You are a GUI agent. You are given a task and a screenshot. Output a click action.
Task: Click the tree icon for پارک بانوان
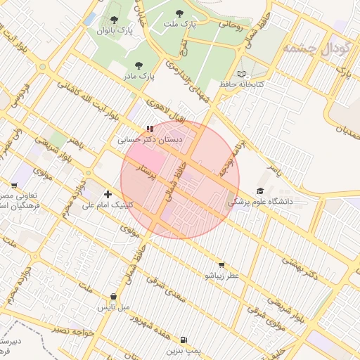pyautogui.click(x=115, y=20)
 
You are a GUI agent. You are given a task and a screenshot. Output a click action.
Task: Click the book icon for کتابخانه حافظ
pyautogui.click(x=242, y=74)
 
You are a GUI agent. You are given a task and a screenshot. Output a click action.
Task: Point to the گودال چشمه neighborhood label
pyautogui.click(x=310, y=49)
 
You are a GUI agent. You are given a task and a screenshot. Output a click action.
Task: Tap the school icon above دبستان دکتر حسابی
pyautogui.click(x=149, y=129)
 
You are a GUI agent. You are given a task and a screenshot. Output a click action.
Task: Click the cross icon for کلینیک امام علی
pyautogui.click(x=108, y=194)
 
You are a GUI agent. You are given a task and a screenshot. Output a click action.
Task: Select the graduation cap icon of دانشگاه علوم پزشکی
pyautogui.click(x=260, y=191)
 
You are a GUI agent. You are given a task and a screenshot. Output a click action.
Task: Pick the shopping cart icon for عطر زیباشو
pyautogui.click(x=221, y=265)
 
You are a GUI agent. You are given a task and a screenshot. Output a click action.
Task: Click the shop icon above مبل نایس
pyautogui.click(x=114, y=297)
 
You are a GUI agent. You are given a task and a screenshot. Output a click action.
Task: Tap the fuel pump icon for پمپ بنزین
pyautogui.click(x=184, y=338)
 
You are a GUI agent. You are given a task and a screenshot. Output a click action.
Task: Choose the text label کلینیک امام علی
pyautogui.click(x=108, y=205)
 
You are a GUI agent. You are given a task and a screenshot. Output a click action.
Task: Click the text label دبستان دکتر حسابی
pyautogui.click(x=150, y=141)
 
